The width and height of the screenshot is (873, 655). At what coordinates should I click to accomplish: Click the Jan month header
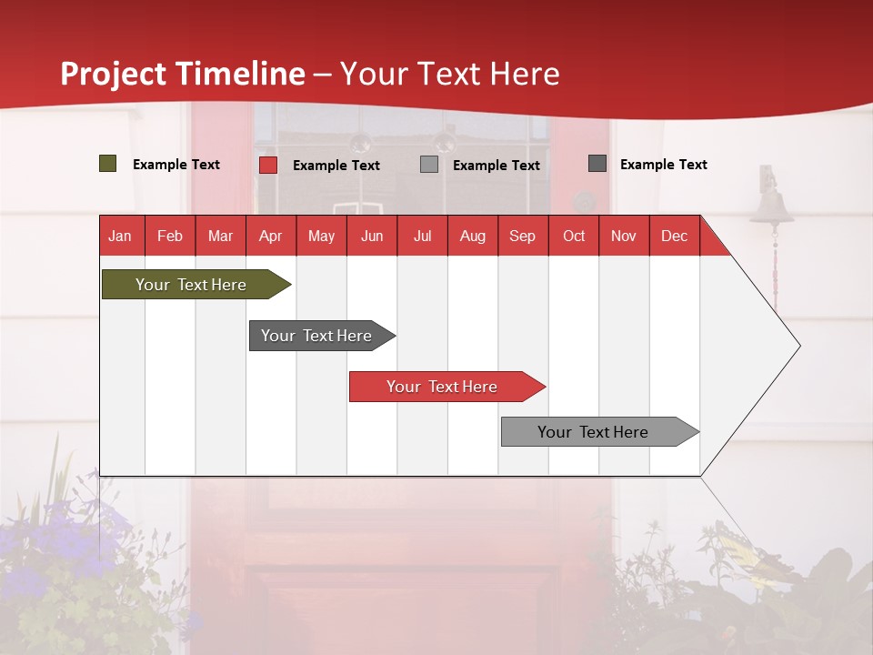tap(120, 236)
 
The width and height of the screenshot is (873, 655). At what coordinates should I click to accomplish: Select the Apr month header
tap(270, 236)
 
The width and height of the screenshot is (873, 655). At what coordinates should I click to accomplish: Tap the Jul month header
tap(422, 236)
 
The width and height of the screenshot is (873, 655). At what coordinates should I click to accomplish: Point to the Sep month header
tap(522, 236)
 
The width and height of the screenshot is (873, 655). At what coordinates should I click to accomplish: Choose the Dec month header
tap(674, 236)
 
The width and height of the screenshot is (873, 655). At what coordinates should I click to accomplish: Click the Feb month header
tap(170, 236)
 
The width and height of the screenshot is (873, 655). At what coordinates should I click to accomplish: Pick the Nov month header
tap(624, 236)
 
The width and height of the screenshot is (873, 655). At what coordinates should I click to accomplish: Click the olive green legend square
tap(108, 164)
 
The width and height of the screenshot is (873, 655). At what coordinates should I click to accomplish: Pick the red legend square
tap(268, 165)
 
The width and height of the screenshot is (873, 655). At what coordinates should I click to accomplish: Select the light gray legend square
tap(429, 165)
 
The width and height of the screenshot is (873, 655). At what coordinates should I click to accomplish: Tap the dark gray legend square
tap(597, 164)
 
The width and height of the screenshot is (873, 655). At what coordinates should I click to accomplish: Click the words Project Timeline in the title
tap(183, 74)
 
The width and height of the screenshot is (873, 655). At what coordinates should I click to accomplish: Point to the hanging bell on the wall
tap(771, 205)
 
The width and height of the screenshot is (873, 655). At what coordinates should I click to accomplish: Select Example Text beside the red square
tap(336, 166)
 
